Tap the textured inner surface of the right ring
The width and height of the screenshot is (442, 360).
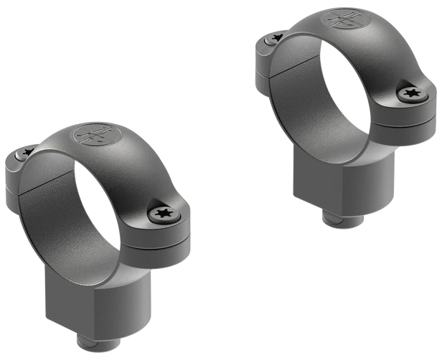point(301,93)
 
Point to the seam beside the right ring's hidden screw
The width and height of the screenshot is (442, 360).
point(269,72)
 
